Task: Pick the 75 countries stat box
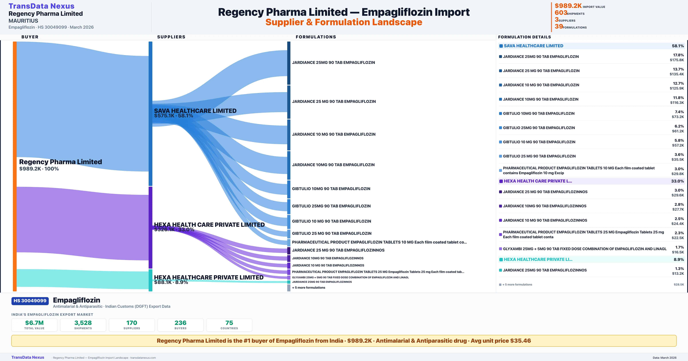point(229,325)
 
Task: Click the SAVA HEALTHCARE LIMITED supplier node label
point(195,111)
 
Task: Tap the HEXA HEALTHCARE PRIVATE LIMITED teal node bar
point(150,280)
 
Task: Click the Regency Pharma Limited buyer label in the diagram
point(60,162)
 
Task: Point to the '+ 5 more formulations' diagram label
point(308,288)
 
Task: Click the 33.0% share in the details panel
point(677,181)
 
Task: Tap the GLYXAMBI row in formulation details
point(584,249)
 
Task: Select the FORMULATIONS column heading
point(316,37)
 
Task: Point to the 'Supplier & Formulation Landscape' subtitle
point(344,22)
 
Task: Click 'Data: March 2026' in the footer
point(664,358)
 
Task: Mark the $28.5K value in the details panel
point(679,285)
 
